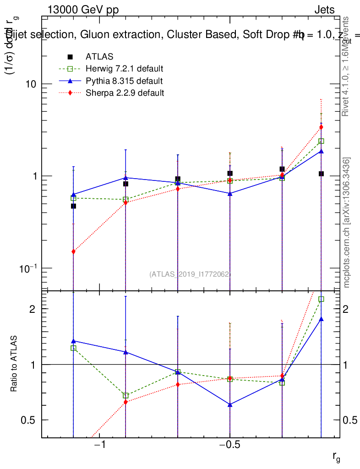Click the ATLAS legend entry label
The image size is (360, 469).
[x=96, y=57]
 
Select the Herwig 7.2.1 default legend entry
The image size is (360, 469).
[x=124, y=69]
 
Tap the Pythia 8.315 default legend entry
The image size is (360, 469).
[x=124, y=81]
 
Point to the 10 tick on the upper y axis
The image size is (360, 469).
[x=31, y=84]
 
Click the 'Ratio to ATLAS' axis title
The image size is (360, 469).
[x=14, y=364]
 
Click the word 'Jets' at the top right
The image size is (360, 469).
[x=324, y=11]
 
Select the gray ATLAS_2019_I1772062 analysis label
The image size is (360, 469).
[x=190, y=274]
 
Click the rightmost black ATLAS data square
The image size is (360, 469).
[x=322, y=174]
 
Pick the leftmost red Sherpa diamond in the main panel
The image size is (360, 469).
[x=73, y=251]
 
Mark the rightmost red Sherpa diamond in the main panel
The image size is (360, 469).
[x=322, y=127]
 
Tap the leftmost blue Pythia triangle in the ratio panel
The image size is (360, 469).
[x=73, y=341]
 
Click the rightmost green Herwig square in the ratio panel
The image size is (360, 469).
[x=322, y=299]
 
